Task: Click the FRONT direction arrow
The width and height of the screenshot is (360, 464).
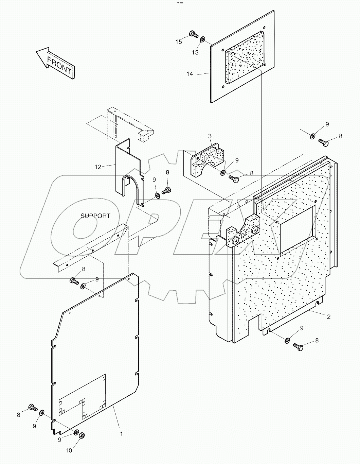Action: (x=56, y=64)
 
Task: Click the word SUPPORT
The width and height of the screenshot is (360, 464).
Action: (x=95, y=216)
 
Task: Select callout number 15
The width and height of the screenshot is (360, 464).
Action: (x=179, y=42)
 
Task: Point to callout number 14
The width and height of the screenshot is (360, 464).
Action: (x=190, y=74)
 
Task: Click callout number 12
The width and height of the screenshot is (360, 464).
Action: (x=98, y=167)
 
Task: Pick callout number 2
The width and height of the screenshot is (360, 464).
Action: (x=328, y=317)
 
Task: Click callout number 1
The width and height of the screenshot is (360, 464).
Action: (x=121, y=434)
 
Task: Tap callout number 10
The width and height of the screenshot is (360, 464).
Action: (x=69, y=450)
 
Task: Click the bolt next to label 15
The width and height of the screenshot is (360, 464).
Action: (x=193, y=34)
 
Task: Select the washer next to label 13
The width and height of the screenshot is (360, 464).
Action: (x=202, y=40)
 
